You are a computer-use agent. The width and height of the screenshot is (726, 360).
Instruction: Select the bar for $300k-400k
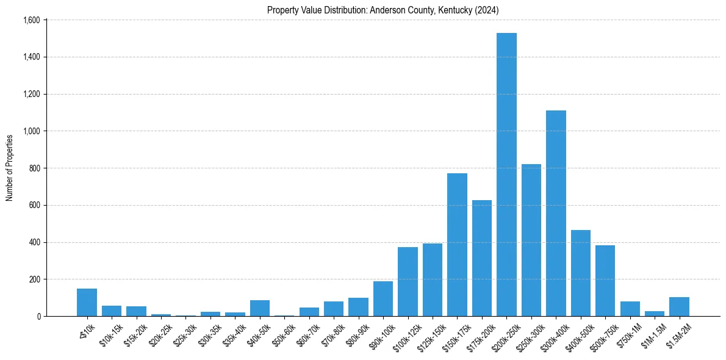tap(556, 214)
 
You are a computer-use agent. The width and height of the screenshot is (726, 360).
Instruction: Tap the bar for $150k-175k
tap(457, 245)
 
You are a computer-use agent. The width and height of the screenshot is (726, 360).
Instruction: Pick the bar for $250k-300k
tap(531, 240)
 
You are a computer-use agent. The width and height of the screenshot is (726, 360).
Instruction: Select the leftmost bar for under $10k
tap(87, 303)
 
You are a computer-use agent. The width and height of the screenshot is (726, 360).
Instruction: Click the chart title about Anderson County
tap(383, 10)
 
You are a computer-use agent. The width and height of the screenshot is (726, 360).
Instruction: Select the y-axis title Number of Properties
tap(10, 168)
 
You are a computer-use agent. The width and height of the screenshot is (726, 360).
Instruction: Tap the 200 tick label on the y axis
tap(34, 279)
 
